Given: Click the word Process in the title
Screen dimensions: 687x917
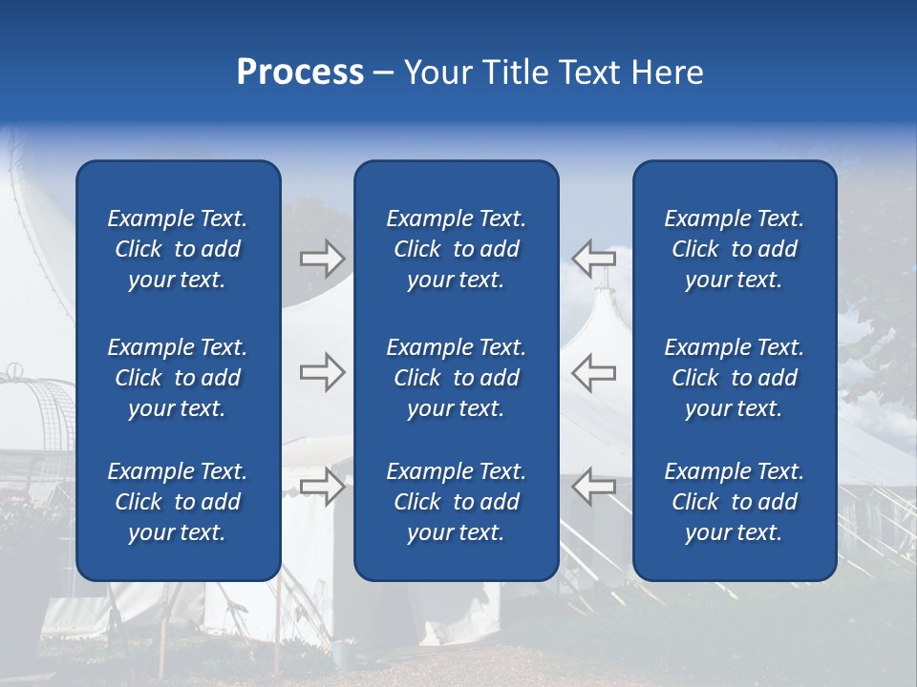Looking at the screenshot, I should [x=300, y=73].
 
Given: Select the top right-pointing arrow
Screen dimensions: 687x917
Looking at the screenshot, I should [x=323, y=259].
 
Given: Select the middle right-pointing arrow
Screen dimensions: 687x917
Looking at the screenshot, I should [x=323, y=372].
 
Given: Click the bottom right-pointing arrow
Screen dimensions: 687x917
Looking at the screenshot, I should [x=323, y=486].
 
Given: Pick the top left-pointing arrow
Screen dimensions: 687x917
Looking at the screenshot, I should [x=594, y=259].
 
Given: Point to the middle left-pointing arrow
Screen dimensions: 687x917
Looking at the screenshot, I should [x=594, y=372].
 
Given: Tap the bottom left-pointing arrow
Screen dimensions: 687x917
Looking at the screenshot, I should [x=594, y=486].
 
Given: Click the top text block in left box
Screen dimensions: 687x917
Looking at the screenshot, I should [x=178, y=249].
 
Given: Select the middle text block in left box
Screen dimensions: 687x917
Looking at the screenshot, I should [x=178, y=378].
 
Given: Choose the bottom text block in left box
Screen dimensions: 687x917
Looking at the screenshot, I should [x=178, y=502].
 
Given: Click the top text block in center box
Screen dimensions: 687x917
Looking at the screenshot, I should [x=456, y=249].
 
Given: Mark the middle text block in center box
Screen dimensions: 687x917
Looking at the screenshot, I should [x=456, y=378].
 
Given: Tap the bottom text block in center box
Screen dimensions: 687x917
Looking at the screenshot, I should [x=456, y=502].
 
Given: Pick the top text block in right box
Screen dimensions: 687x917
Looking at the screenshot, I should [x=734, y=249].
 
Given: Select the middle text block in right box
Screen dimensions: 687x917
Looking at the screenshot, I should [x=734, y=378].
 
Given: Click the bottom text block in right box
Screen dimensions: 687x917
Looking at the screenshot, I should [x=734, y=502].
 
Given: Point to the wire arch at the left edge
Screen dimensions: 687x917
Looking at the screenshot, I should [x=43, y=410].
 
